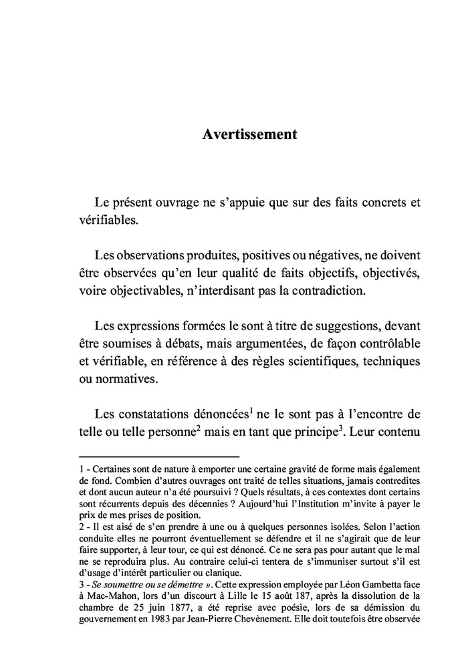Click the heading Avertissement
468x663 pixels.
[x=249, y=134]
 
